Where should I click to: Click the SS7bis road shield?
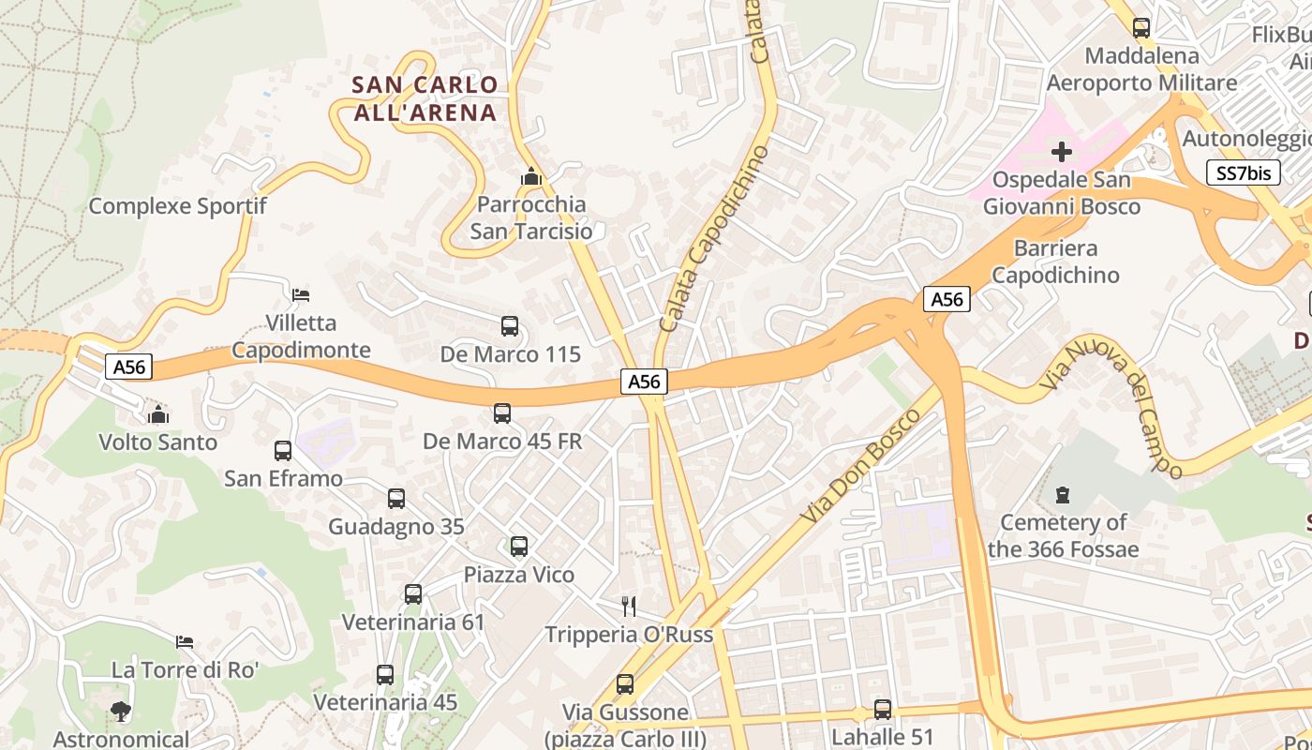pos(1243,172)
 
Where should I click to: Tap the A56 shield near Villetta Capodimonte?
pos(128,367)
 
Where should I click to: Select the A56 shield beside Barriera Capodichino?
pos(947,299)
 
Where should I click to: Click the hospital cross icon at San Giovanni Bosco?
pos(1062,151)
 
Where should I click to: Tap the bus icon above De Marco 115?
pos(510,326)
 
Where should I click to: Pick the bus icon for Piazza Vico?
pos(519,547)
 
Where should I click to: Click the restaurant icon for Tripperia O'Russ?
pos(629,607)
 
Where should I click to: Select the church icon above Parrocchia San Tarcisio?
pos(531,176)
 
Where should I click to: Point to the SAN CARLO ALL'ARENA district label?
pos(425,98)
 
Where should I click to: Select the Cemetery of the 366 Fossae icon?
pos(1062,494)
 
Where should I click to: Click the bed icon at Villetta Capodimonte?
pos(301,294)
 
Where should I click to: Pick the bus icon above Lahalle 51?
pos(882,710)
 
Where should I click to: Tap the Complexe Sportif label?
pos(177,206)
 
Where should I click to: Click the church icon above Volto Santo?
pos(158,413)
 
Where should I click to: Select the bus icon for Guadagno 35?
pos(396,499)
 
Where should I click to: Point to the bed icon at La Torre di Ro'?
pos(185,642)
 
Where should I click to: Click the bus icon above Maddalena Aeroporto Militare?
pos(1141,28)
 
